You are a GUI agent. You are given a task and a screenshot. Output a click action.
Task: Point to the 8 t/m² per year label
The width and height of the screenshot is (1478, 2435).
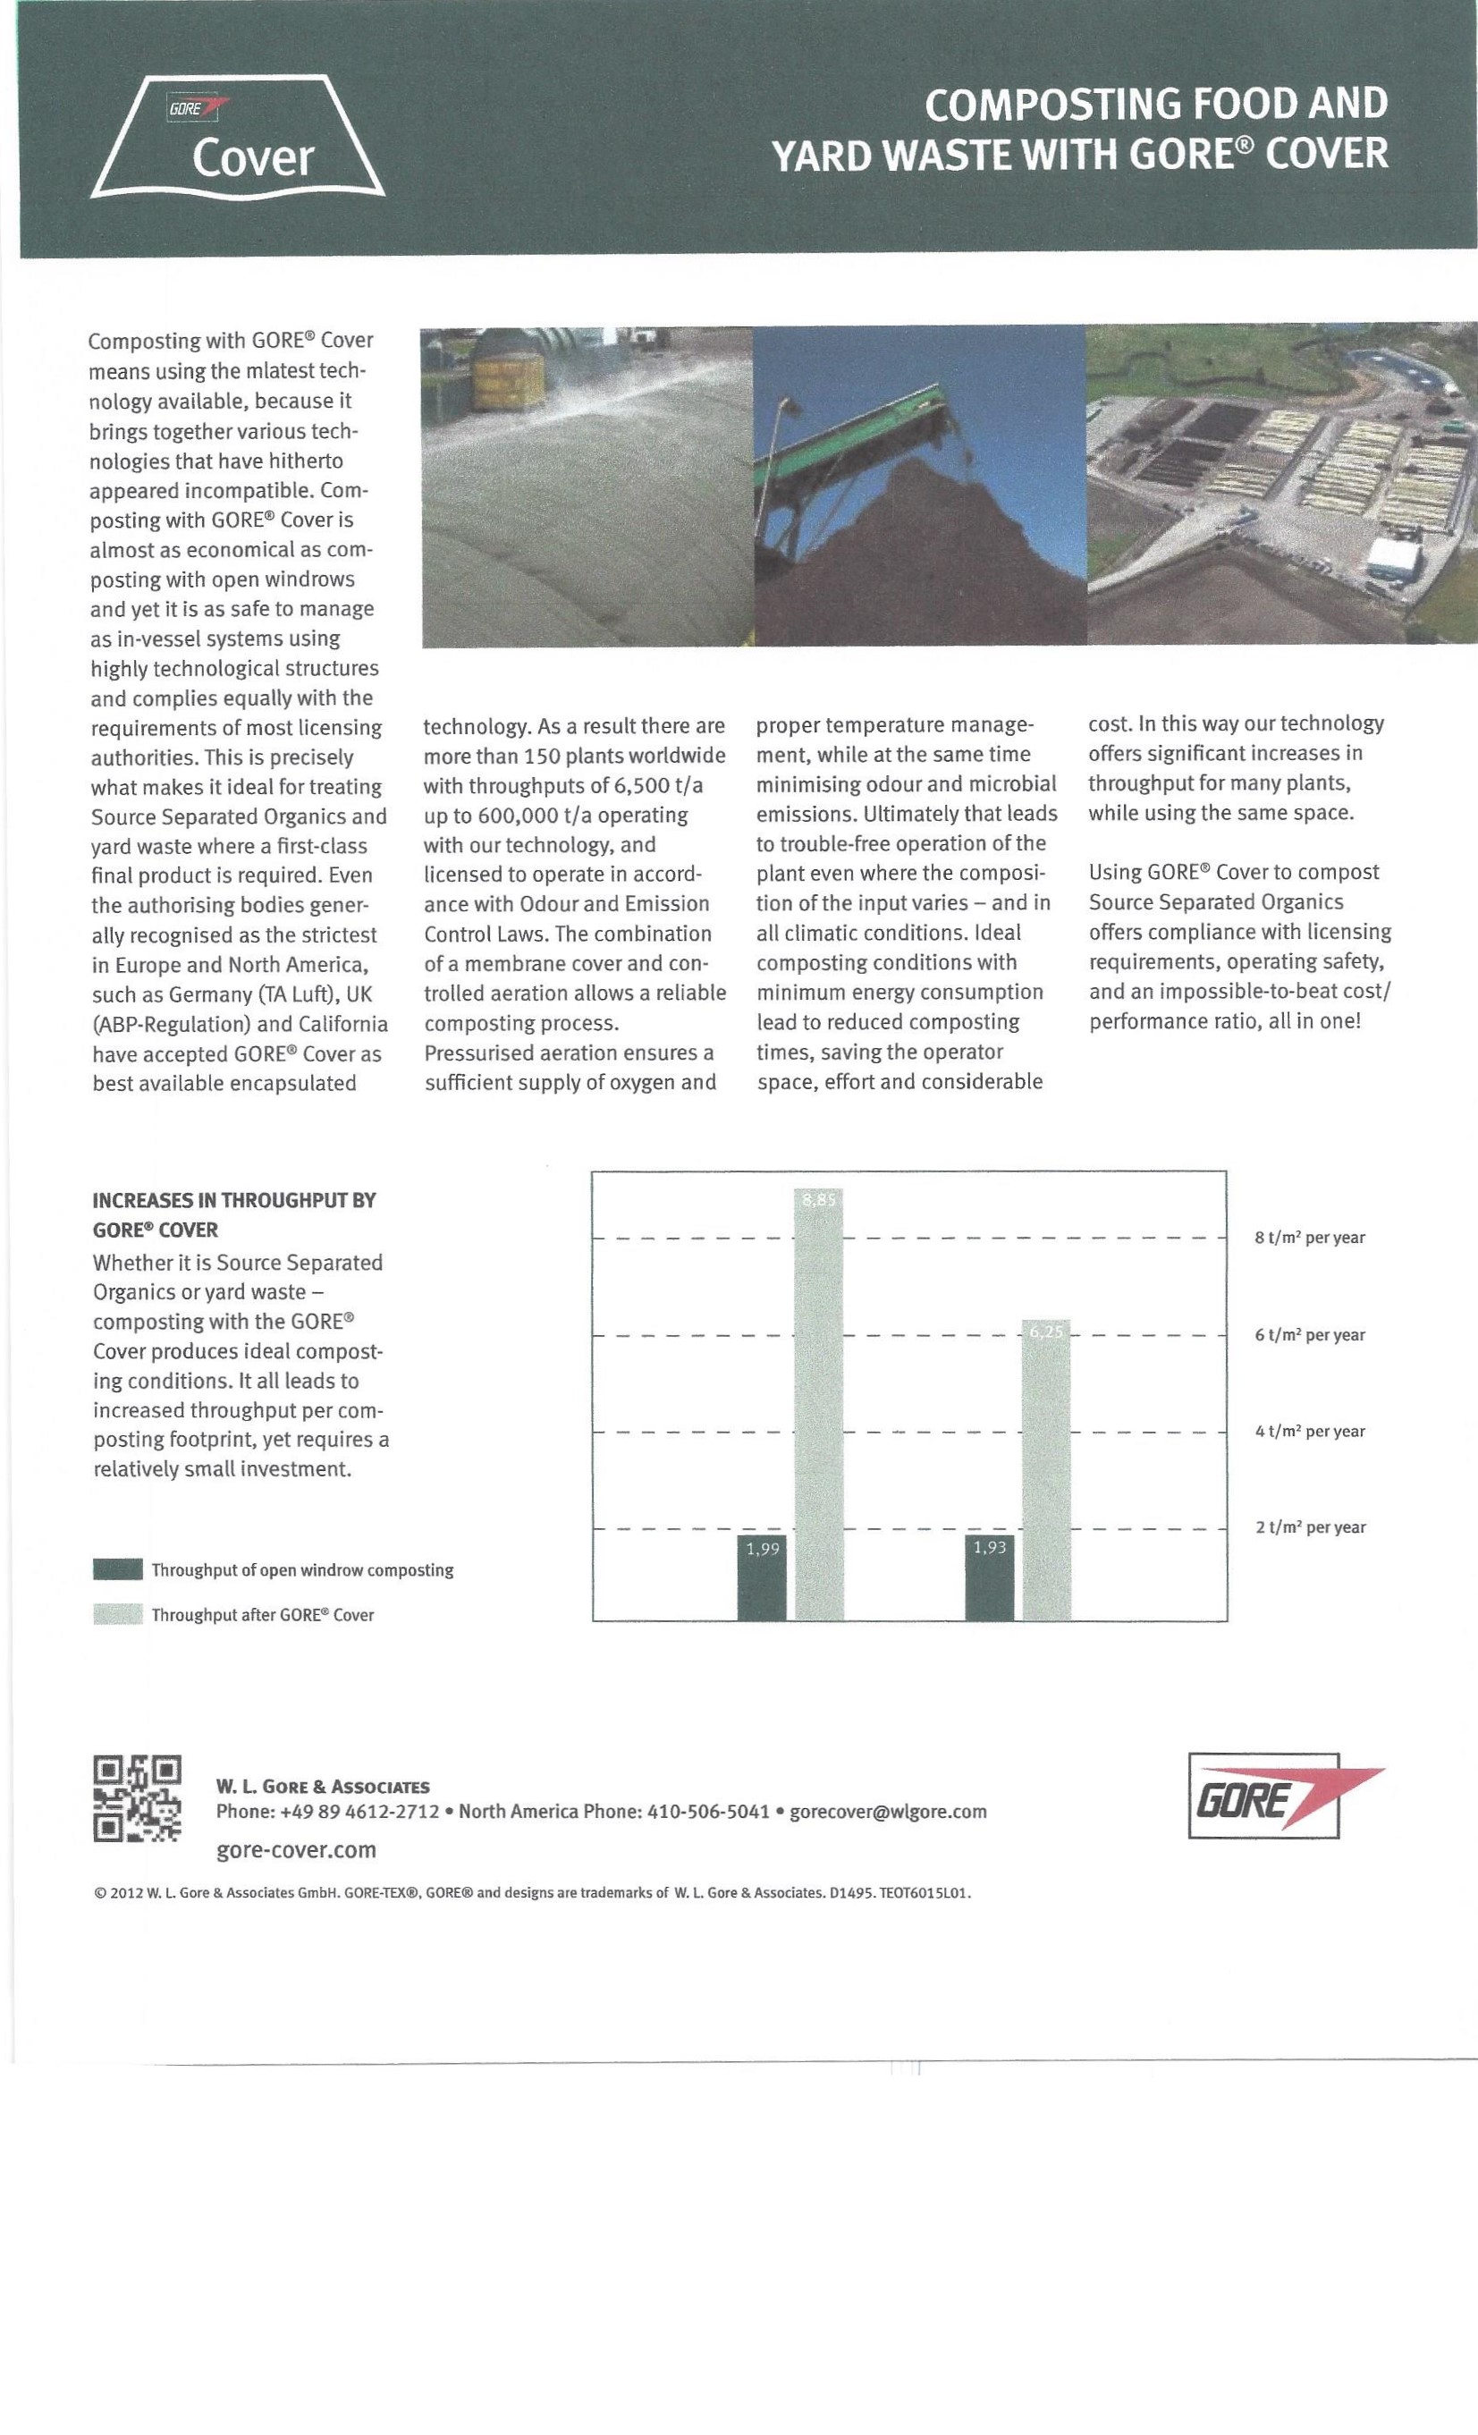point(1309,1238)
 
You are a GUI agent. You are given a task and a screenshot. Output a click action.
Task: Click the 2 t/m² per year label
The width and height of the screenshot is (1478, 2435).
point(1309,1526)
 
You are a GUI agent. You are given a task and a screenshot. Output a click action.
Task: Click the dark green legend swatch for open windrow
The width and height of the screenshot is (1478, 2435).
point(117,1569)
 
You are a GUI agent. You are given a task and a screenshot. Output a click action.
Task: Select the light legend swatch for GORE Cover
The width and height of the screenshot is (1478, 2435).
point(117,1615)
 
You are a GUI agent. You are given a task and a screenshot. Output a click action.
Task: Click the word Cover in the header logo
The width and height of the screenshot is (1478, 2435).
point(253,158)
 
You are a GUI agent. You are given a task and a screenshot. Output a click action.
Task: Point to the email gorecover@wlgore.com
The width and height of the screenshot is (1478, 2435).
point(888,1812)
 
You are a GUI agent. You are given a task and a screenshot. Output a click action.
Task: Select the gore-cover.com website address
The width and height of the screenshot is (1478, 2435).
point(295,1849)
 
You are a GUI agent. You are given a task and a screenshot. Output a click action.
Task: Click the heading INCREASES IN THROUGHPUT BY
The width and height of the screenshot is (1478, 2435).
point(234,1200)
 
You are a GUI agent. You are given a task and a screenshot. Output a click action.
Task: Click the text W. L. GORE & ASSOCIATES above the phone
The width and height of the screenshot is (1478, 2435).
point(322,1786)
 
